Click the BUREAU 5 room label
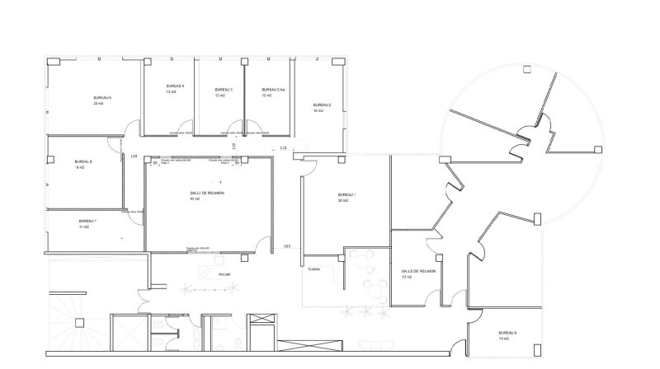tap(102, 97)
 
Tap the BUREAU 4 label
tap(175, 86)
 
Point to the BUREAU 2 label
tap(322, 105)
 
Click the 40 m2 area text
tap(195, 199)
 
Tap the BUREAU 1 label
tap(347, 194)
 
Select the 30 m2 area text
tap(343, 201)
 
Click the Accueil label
tap(224, 273)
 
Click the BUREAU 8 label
tap(507, 333)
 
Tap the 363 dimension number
tap(286, 246)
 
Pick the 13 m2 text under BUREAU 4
tap(172, 92)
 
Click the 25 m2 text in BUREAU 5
tap(98, 104)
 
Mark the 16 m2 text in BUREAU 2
tap(318, 110)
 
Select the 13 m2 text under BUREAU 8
tap(503, 339)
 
